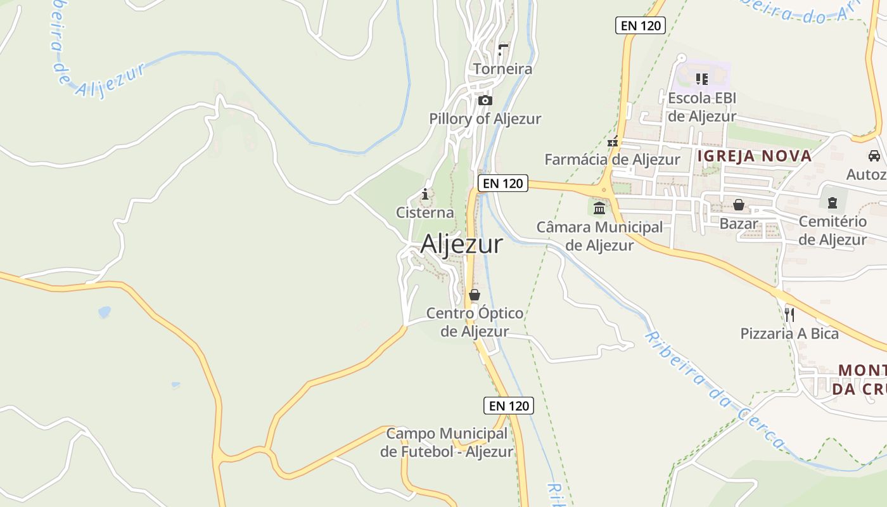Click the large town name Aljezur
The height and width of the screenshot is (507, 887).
pyautogui.click(x=461, y=244)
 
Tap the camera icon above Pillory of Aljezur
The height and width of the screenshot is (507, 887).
pyautogui.click(x=485, y=101)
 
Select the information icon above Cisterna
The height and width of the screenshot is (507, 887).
pyautogui.click(x=425, y=194)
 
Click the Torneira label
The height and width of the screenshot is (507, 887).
pyautogui.click(x=502, y=68)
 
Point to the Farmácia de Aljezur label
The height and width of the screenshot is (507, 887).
pyautogui.click(x=612, y=160)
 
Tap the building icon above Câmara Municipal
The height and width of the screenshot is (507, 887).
pyautogui.click(x=599, y=208)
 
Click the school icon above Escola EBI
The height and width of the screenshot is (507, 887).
pyautogui.click(x=701, y=79)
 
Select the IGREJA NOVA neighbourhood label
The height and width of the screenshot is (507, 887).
pyautogui.click(x=754, y=156)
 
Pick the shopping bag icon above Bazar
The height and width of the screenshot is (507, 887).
pyautogui.click(x=739, y=205)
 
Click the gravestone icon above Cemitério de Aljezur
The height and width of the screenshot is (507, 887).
pyautogui.click(x=832, y=203)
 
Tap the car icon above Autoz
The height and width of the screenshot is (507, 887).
pyautogui.click(x=874, y=156)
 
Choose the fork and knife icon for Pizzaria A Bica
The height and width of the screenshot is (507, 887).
pyautogui.click(x=789, y=314)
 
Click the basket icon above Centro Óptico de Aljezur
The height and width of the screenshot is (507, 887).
pyautogui.click(x=475, y=295)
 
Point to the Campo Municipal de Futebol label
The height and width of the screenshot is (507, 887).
pyautogui.click(x=447, y=442)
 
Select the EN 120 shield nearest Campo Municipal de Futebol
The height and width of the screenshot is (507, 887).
pyautogui.click(x=509, y=406)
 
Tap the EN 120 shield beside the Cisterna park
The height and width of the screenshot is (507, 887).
pyautogui.click(x=502, y=183)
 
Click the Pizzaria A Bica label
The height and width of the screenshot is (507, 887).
pyautogui.click(x=789, y=333)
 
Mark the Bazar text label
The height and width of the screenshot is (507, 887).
pyautogui.click(x=739, y=224)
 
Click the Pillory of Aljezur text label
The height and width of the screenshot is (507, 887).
pyautogui.click(x=485, y=119)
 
